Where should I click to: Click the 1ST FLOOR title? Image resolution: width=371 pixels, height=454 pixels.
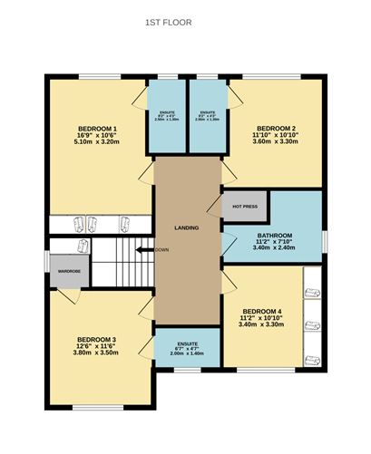pyautogui.click(x=168, y=22)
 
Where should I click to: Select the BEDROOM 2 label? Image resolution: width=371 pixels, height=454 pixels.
pyautogui.click(x=275, y=128)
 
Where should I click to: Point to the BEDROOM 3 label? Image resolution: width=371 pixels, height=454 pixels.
pyautogui.click(x=95, y=339)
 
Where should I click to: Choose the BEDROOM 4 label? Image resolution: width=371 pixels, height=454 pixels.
pyautogui.click(x=263, y=312)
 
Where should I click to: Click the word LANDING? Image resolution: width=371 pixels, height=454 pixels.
pyautogui.click(x=186, y=227)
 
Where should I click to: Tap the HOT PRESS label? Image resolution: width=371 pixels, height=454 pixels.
pyautogui.click(x=244, y=206)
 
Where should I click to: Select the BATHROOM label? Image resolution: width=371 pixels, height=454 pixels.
pyautogui.click(x=274, y=237)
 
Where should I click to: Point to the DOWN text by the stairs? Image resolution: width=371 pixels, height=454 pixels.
pyautogui.click(x=161, y=249)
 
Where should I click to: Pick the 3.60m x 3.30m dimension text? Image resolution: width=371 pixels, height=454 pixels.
pyautogui.click(x=275, y=142)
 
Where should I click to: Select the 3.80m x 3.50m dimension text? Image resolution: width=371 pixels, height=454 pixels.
pyautogui.click(x=95, y=353)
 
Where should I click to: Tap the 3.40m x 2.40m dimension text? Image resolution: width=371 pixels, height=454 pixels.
pyautogui.click(x=274, y=250)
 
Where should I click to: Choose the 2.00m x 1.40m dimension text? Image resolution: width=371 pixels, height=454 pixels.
pyautogui.click(x=188, y=353)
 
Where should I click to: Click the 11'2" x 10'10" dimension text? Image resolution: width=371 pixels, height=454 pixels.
pyautogui.click(x=263, y=319)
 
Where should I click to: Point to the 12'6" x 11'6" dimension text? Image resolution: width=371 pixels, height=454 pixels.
pyautogui.click(x=95, y=346)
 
